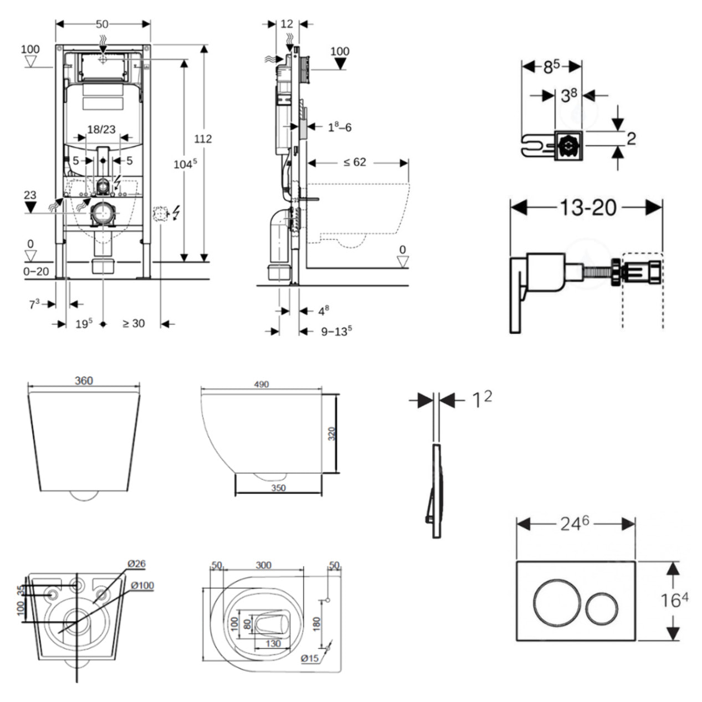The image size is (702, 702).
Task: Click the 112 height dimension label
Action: point(203,139)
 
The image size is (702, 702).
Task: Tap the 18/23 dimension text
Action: point(101,130)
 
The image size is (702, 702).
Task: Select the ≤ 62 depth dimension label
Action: point(354,162)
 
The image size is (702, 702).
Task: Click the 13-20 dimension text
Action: point(587,207)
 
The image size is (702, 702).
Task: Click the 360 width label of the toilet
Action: point(84,381)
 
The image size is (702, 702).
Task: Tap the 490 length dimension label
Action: point(261,384)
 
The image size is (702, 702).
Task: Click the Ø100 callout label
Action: point(142,585)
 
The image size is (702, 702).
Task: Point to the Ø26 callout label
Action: point(136,563)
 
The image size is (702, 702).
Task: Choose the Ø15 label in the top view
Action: point(310,658)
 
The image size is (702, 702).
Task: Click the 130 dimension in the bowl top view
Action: point(273,644)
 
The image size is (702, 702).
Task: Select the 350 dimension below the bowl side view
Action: point(278,488)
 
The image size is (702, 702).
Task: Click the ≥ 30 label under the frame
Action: point(133,324)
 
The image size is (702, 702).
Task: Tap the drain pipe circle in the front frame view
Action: point(103,213)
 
